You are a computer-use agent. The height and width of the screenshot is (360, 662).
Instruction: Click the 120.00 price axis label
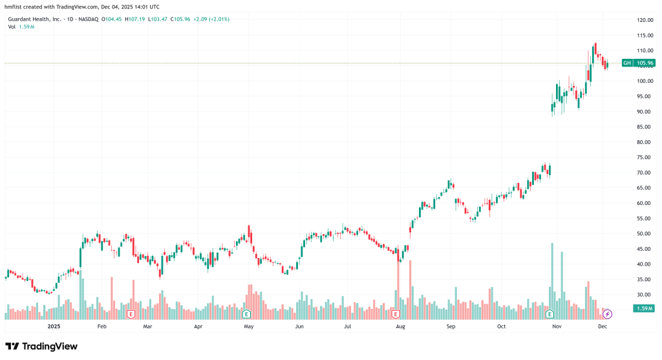pos(645,20)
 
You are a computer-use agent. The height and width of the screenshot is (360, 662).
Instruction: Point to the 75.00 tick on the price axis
pos(645,157)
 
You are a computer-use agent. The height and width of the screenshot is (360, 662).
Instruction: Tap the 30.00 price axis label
pos(645,295)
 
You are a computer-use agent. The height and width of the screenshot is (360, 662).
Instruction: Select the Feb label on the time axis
pos(101,327)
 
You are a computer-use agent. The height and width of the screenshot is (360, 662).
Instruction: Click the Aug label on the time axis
pos(401,327)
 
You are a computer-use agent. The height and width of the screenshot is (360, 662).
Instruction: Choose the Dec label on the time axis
pos(603,327)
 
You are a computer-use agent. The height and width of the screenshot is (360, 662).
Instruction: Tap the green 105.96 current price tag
pos(645,63)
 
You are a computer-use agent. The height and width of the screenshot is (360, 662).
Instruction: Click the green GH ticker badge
pos(626,63)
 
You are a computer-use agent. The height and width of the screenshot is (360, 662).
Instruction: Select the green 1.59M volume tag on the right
pos(645,308)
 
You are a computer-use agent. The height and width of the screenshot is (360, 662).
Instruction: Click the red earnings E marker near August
pos(396,314)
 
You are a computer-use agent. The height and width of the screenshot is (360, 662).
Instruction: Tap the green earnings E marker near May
pos(246,314)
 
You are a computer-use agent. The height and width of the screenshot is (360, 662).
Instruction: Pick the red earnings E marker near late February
pos(131,314)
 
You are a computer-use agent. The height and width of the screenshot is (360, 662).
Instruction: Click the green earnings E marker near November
pos(550,314)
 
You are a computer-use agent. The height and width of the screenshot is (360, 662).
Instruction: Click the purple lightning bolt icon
pos(607,314)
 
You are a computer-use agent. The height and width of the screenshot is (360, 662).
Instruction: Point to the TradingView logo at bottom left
pos(41,346)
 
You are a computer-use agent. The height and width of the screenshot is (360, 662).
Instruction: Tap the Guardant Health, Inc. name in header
pos(34,19)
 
